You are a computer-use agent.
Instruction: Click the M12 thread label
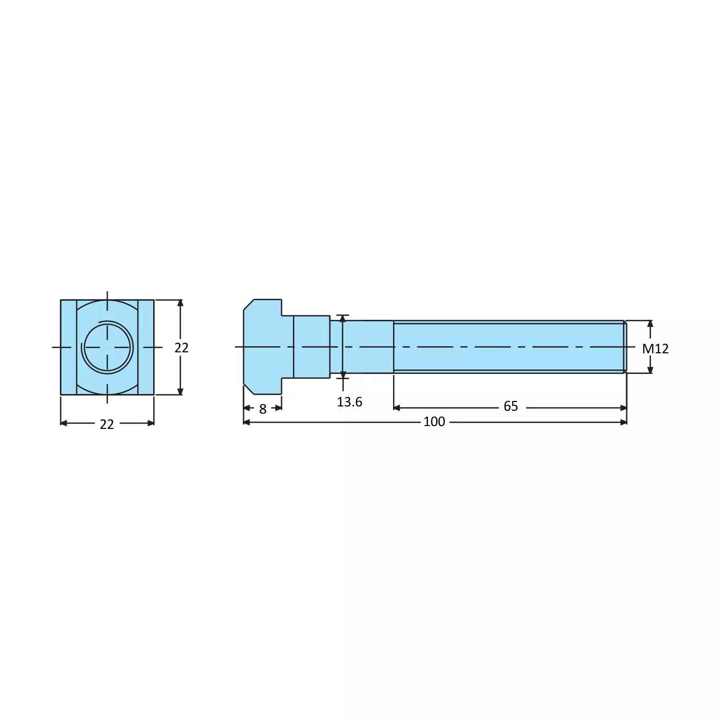coord(655,349)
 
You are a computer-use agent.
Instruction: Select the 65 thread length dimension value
coord(510,406)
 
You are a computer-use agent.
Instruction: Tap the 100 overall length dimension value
coord(434,422)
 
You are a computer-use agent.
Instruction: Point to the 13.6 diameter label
coord(349,402)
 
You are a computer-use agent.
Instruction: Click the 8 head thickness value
coord(262,409)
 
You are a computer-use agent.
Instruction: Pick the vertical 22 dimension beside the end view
coord(181,348)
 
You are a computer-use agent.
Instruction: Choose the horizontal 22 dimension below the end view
coord(107,424)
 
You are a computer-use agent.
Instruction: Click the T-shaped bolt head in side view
coord(263,347)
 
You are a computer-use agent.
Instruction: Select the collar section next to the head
coord(311,347)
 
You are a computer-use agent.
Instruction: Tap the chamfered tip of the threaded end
coord(624,347)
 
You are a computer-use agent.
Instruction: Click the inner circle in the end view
coord(108,347)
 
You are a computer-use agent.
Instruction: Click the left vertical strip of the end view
coord(68,347)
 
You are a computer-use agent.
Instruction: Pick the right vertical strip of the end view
coord(146,347)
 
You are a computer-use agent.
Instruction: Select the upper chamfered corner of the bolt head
coord(248,304)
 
